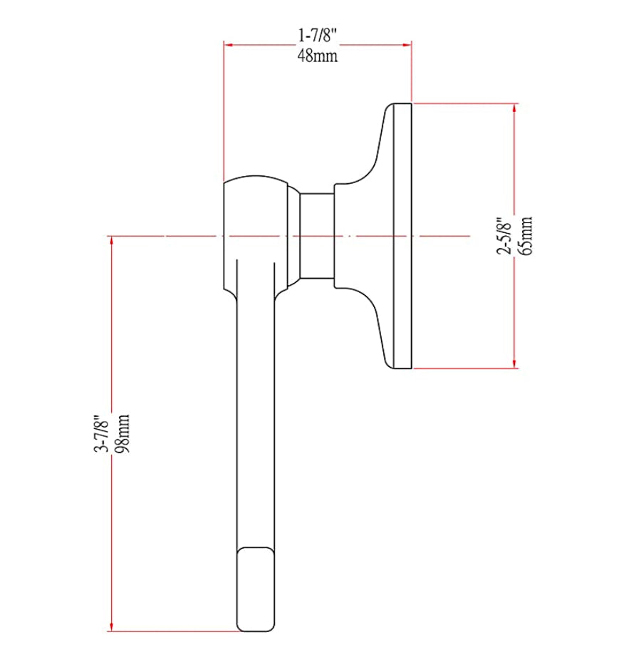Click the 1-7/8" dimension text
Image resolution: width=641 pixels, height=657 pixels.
tap(318, 34)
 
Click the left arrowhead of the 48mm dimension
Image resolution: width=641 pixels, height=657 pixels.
tap(229, 44)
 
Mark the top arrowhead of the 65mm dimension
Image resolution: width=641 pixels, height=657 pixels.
tap(514, 108)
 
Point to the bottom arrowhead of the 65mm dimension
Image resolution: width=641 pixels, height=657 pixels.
tap(514, 364)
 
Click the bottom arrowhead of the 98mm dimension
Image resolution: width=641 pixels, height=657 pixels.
tap(111, 627)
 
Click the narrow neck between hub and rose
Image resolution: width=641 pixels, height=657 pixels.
tap(316, 235)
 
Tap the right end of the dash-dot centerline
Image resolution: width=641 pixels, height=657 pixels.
tap(467, 235)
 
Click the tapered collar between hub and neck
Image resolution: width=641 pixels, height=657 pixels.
tap(293, 235)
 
